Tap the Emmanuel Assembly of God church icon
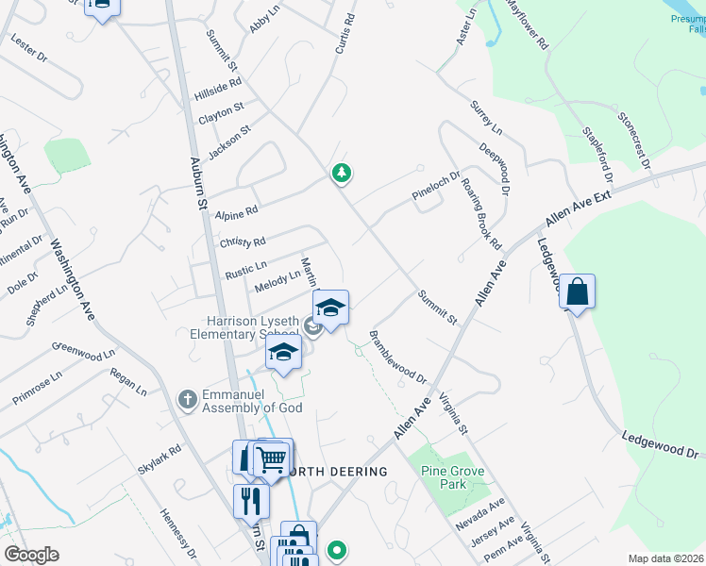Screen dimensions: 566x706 [x=188, y=398]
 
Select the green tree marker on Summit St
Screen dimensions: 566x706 [x=342, y=173]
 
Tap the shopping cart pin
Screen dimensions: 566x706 [x=272, y=459]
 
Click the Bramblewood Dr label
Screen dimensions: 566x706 [x=398, y=356]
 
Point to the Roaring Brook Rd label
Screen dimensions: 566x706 [x=480, y=215]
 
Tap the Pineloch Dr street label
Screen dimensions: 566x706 [x=435, y=185]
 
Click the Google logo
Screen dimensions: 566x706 [x=31, y=554]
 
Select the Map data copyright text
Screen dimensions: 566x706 [x=665, y=558]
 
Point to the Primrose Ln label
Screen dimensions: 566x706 [x=37, y=388]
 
